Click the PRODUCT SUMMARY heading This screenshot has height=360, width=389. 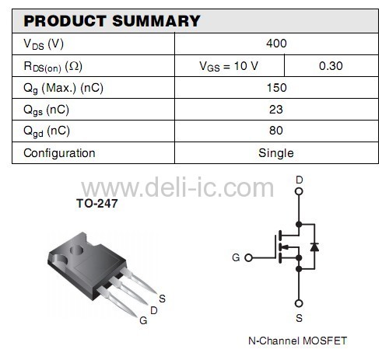(112, 21)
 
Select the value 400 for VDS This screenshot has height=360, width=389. (276, 44)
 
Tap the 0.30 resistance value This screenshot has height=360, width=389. (331, 66)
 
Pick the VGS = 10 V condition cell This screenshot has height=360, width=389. (229, 66)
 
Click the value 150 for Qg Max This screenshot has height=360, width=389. (277, 88)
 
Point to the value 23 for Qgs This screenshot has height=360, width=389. (276, 110)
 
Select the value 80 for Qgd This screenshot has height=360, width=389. (276, 131)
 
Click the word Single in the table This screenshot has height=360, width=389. (276, 153)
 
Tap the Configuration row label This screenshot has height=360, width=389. (59, 153)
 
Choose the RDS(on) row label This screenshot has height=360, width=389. (53, 67)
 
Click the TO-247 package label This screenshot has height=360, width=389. (97, 204)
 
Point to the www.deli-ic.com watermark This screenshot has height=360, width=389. (177, 187)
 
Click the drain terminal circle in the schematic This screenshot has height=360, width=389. (299, 191)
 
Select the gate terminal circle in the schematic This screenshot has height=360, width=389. (249, 257)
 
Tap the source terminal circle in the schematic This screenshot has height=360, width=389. (299, 303)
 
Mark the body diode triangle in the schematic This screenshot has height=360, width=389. (314, 247)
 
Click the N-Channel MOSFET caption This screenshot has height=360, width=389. (297, 341)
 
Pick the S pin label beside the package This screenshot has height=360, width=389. (162, 299)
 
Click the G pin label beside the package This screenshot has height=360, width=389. (143, 320)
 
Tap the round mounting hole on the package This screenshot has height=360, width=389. (76, 250)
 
